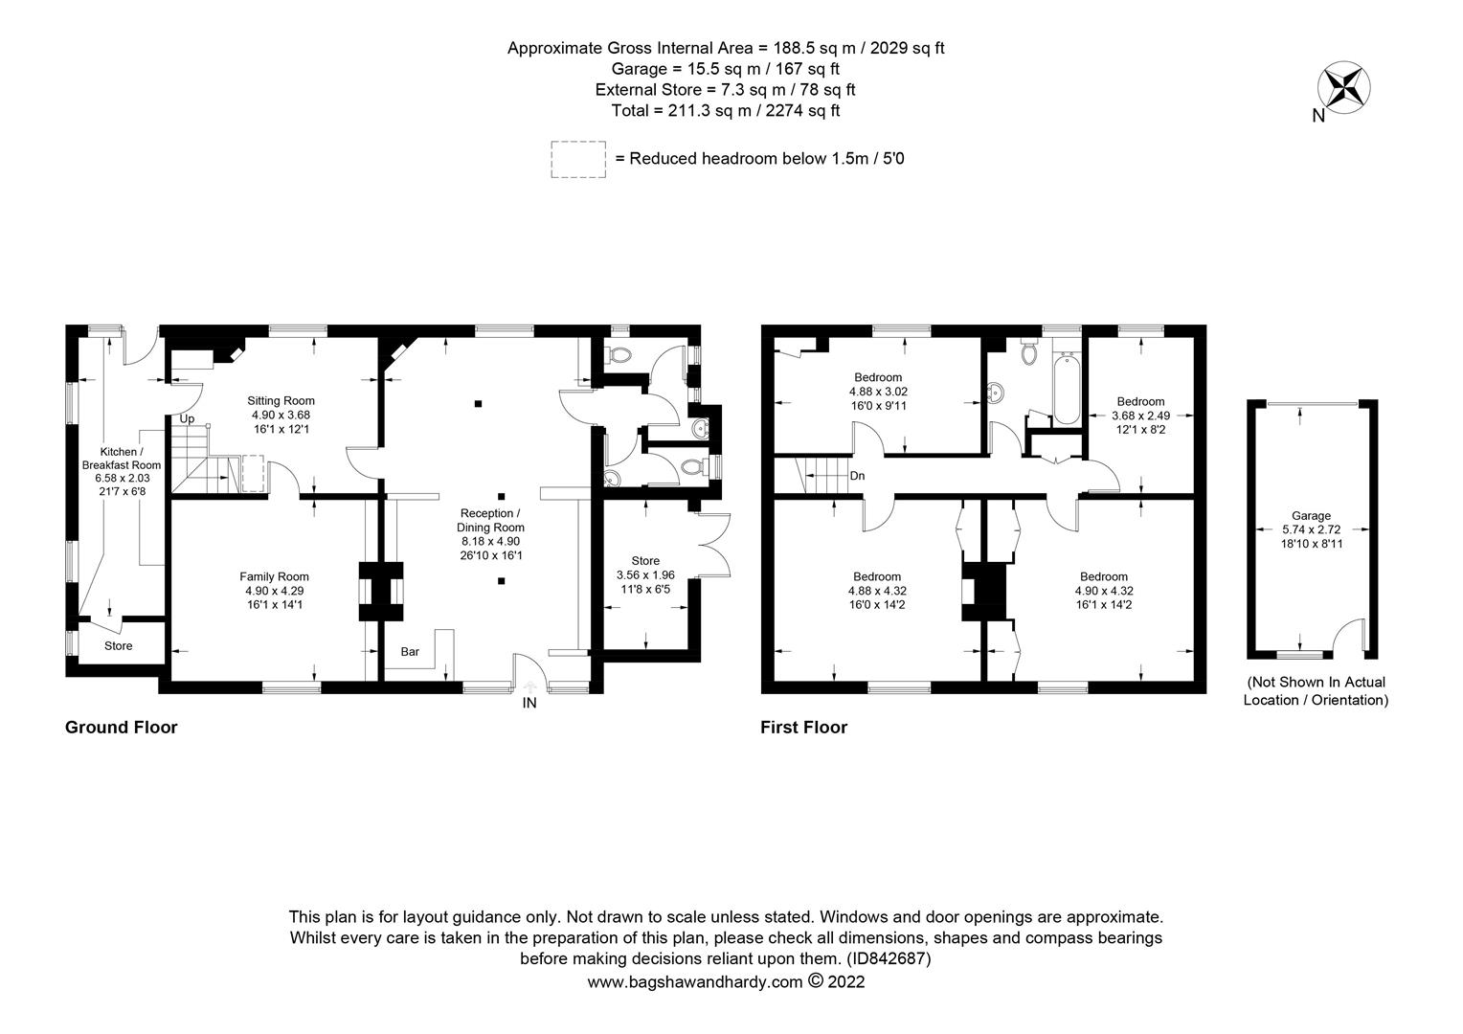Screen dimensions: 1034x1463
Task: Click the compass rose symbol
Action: pos(1344,87)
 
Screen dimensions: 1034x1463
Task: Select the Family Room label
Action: pos(274,576)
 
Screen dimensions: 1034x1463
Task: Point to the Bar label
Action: pos(410,652)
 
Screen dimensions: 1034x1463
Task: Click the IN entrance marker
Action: pos(529,704)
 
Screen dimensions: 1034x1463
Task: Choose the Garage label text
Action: pos(1311,516)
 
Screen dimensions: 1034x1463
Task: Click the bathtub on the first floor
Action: pos(1065,389)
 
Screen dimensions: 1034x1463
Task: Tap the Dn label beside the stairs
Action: pos(858,476)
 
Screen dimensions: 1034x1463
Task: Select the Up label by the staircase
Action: pos(188,419)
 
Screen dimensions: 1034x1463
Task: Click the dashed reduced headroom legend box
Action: pos(578,159)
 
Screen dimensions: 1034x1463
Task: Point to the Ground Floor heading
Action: pos(121,728)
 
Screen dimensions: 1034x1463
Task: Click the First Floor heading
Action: pos(803,728)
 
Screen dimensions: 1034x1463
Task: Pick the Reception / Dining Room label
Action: pos(490,521)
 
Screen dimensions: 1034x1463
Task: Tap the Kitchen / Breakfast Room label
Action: pos(121,459)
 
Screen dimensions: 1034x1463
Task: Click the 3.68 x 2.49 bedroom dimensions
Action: pos(1140,416)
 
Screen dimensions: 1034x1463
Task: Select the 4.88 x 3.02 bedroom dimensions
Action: pos(877,392)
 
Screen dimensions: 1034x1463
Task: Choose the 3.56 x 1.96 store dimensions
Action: pos(645,575)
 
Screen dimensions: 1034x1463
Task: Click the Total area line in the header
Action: pos(726,111)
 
